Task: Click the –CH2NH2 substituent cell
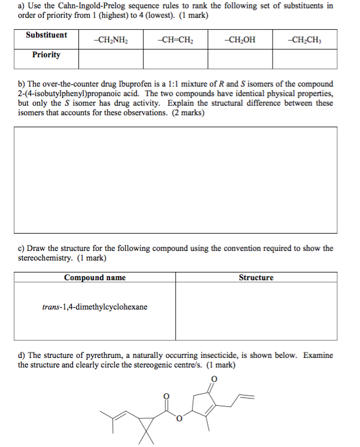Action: pyautogui.click(x=111, y=40)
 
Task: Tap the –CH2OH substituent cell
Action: pyautogui.click(x=239, y=40)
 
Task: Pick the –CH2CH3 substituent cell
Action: pyautogui.click(x=303, y=40)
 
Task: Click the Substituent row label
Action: pyautogui.click(x=47, y=35)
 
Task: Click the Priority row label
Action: pyautogui.click(x=47, y=55)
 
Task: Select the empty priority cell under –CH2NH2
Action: pyautogui.click(x=111, y=59)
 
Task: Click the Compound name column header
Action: pyautogui.click(x=95, y=277)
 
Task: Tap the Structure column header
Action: pyautogui.click(x=256, y=277)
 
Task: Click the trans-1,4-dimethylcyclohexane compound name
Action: pyautogui.click(x=95, y=307)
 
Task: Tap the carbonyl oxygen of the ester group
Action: pyautogui.click(x=167, y=395)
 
